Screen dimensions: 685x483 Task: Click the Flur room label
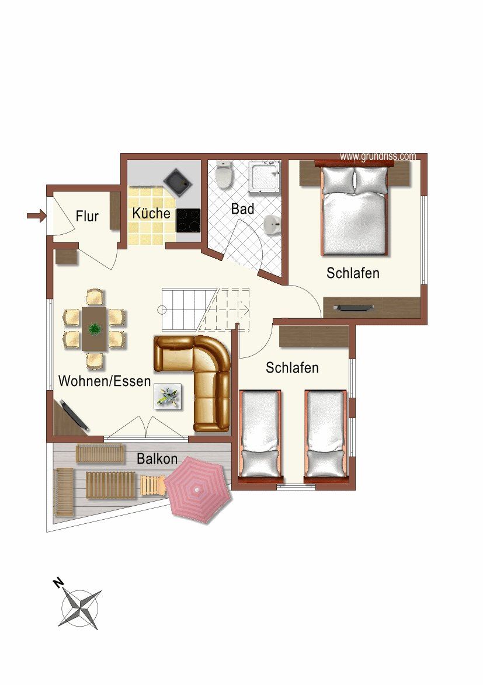point(87,217)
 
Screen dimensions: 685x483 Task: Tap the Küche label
point(151,213)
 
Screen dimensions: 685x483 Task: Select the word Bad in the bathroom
point(242,208)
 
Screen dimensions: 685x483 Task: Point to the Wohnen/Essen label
point(105,381)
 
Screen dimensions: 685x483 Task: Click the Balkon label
point(157,459)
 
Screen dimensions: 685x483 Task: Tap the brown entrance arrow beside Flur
point(36,216)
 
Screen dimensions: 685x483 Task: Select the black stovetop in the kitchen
point(188,220)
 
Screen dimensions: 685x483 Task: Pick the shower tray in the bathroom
point(265,178)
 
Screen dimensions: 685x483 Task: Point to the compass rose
point(80,608)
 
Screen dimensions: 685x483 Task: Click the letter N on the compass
point(58,582)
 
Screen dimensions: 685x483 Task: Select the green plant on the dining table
point(93,329)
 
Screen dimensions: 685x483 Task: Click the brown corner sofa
point(196,380)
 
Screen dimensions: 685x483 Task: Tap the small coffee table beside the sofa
point(169,397)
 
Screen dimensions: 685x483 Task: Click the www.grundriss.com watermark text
point(377,157)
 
